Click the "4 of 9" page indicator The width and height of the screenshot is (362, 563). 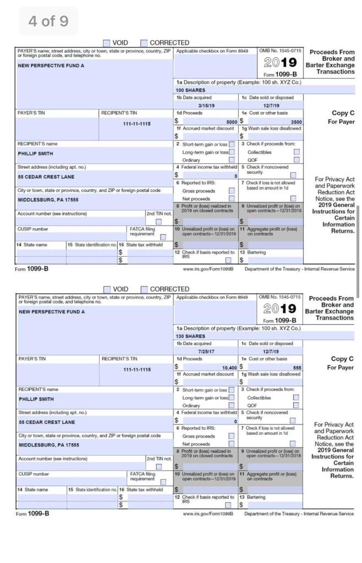[48, 21]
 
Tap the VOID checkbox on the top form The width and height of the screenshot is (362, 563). [106, 43]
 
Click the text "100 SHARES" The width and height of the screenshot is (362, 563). [190, 90]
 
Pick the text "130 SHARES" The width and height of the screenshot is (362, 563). [190, 335]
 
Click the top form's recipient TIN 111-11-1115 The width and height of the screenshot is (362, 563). [136, 124]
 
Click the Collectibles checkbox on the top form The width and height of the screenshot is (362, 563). [297, 151]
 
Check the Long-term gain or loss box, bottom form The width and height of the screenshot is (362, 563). [231, 398]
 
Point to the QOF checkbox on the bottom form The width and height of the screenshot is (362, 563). [297, 405]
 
